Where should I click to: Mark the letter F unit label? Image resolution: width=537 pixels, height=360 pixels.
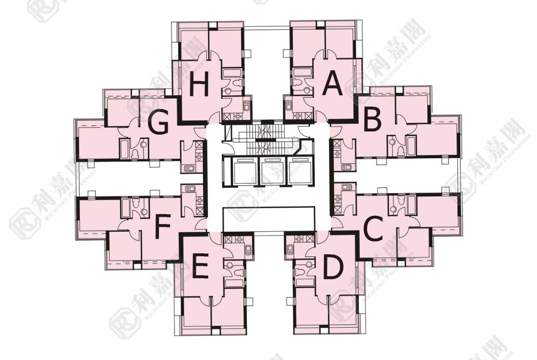tap(162, 226)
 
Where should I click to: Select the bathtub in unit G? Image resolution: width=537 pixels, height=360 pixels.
tap(124, 149)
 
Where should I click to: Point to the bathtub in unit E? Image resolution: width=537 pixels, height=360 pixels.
tap(234, 282)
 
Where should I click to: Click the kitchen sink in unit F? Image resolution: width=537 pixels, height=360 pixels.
tap(190, 188)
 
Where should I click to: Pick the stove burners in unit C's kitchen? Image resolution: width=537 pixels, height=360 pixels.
tap(338, 199)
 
